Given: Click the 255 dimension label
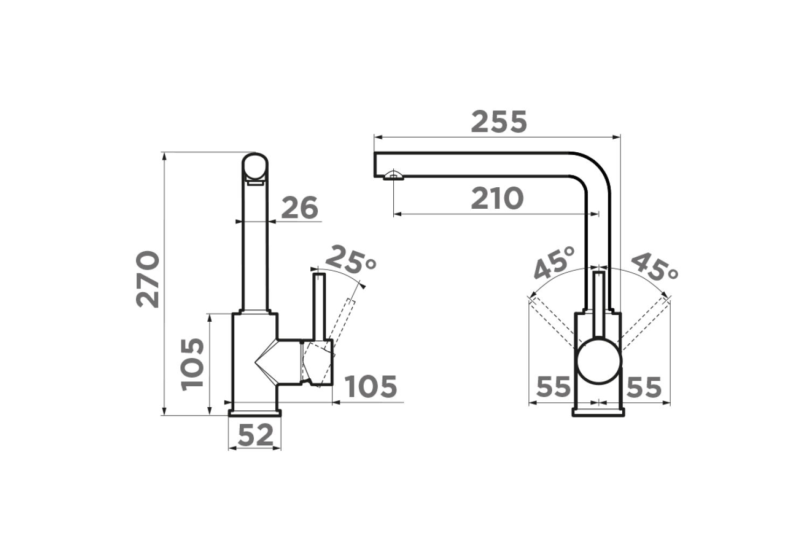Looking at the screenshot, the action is click(x=499, y=122).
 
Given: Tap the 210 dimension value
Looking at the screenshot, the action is click(x=497, y=198).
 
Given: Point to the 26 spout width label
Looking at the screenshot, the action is click(x=299, y=208).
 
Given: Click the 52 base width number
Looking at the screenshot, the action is click(x=256, y=435).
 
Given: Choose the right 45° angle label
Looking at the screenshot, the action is click(x=653, y=267).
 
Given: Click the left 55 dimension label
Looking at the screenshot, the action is click(x=553, y=387).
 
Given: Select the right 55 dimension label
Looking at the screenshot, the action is click(x=644, y=387).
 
